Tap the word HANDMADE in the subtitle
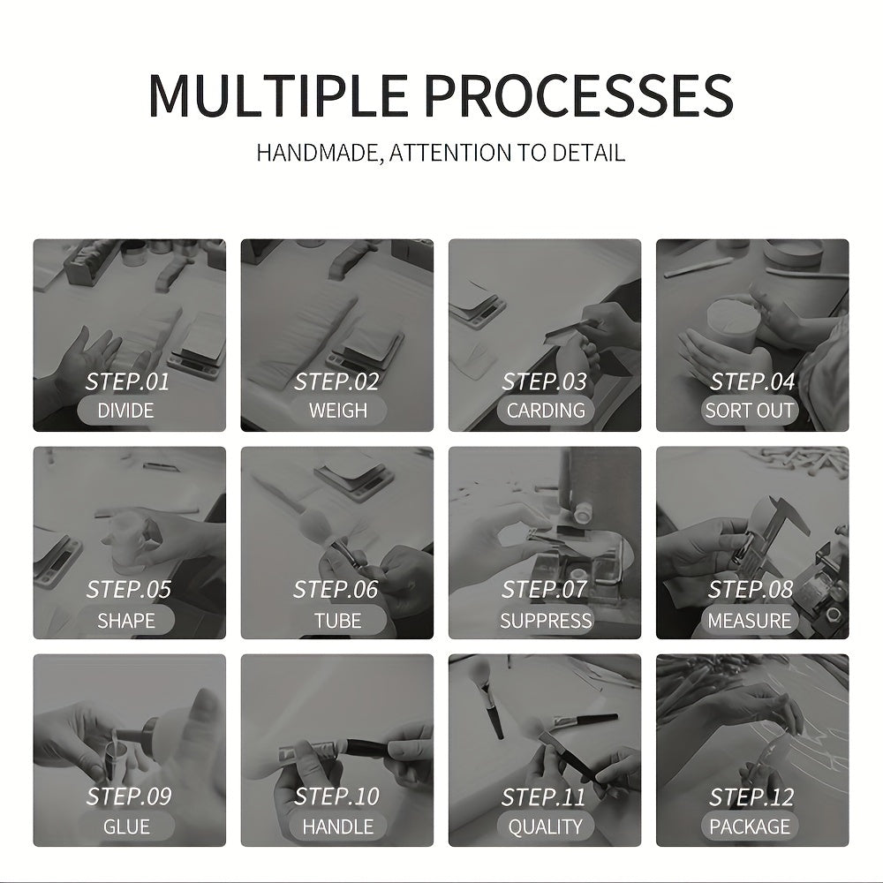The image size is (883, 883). [319, 153]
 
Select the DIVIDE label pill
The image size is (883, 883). [125, 411]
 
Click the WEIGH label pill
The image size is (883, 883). [338, 411]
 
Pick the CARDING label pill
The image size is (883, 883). [546, 411]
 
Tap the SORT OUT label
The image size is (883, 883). [750, 411]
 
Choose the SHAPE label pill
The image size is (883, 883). [125, 620]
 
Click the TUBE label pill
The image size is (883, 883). [338, 620]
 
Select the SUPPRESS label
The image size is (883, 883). [546, 620]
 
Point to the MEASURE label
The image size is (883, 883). [750, 620]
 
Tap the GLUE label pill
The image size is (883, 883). [125, 826]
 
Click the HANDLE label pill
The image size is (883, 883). [338, 826]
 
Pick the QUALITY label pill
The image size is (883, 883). [546, 826]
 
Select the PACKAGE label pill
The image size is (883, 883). [750, 826]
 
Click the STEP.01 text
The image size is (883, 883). [127, 381]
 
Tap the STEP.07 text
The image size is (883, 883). [544, 590]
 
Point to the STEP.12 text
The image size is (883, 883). [751, 796]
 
